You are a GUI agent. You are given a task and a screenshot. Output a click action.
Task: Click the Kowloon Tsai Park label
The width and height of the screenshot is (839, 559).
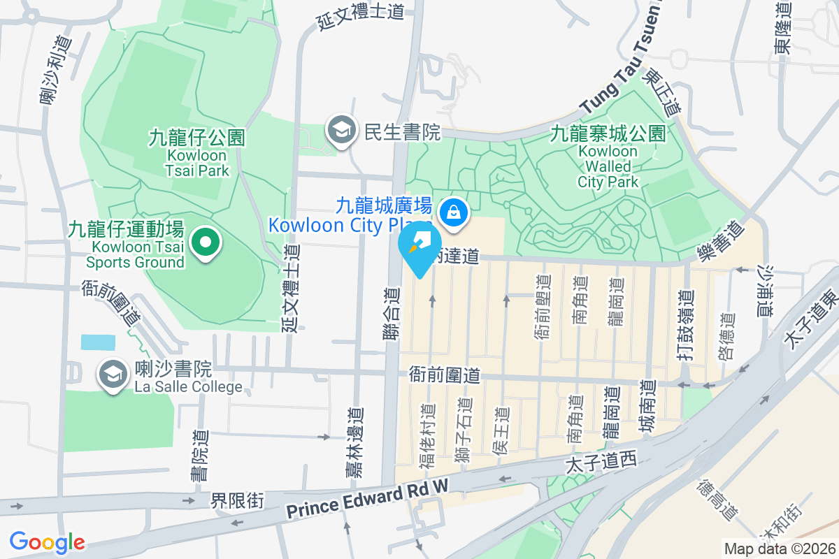197,154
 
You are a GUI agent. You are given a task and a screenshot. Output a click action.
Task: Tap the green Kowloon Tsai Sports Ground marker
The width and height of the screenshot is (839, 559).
206,243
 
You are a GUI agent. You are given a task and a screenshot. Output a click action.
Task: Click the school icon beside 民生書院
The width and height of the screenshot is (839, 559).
341,131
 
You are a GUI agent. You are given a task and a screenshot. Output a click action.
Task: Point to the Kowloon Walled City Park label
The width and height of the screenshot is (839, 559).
608,157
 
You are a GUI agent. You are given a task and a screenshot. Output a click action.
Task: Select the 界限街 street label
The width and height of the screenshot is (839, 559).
238,500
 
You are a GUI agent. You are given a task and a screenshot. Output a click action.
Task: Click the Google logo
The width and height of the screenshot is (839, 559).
47,542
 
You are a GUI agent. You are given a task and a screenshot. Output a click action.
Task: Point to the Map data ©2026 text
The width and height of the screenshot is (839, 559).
779,549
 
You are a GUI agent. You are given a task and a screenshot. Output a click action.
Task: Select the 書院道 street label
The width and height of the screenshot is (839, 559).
200,455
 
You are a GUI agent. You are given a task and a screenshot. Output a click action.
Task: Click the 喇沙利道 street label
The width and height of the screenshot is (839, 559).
55,70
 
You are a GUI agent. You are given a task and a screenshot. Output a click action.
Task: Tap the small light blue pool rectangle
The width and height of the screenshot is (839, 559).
98,342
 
